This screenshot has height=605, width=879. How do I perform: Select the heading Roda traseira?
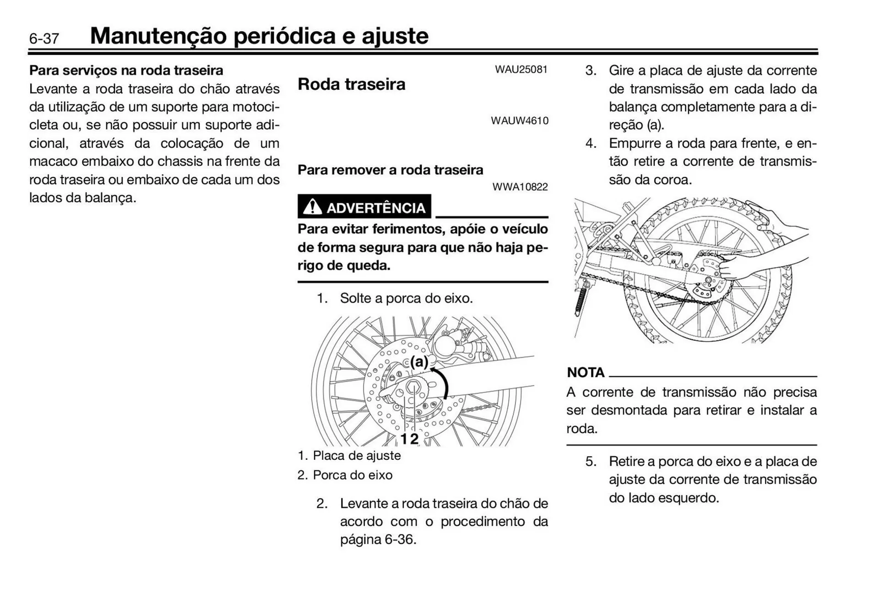coord(351,84)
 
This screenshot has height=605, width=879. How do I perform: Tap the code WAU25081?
coord(521,70)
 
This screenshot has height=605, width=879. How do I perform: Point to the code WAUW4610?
coord(520,121)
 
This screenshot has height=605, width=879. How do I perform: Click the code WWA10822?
coord(520,187)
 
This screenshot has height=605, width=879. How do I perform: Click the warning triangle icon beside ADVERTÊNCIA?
coord(312,207)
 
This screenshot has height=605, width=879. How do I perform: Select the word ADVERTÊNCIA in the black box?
coord(375,208)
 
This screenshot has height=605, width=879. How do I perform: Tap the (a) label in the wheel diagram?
coord(419,362)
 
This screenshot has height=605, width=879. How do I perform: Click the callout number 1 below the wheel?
coord(404,439)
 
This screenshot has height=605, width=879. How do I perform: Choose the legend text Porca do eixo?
coord(352,475)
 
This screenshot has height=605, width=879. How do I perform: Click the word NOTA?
coord(586,372)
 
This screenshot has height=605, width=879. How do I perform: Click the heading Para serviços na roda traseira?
coord(126,71)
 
